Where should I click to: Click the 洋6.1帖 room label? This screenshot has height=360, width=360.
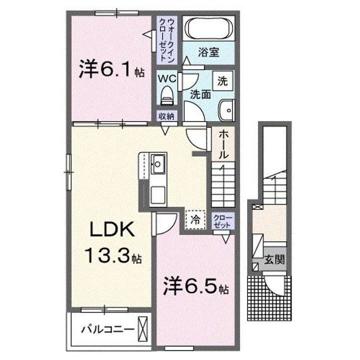click(x=111, y=70)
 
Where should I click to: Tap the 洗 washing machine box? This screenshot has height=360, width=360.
click(x=223, y=79)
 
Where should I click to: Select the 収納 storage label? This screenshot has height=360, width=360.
click(x=166, y=116)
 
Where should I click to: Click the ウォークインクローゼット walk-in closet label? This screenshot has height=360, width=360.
click(x=166, y=39)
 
